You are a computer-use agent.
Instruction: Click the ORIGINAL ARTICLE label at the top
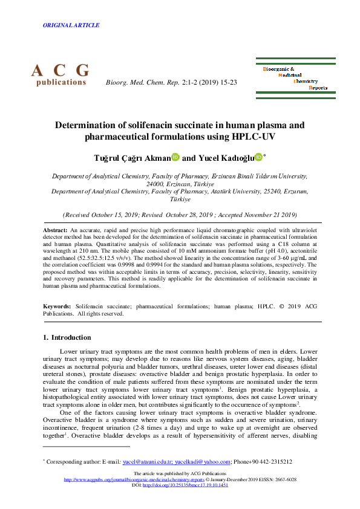pyautogui.click(x=71, y=25)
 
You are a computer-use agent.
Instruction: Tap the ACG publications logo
pyautogui.click(x=61, y=75)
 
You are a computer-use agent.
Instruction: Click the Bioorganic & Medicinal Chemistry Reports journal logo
pyautogui.click(x=295, y=78)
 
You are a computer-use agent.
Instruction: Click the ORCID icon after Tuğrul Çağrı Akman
pyautogui.click(x=176, y=157)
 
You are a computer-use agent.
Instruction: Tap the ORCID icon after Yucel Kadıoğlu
pyautogui.click(x=259, y=157)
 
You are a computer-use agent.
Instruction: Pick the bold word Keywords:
pyautogui.click(x=59, y=307)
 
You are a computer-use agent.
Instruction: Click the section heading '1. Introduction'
pyautogui.click(x=68, y=337)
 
